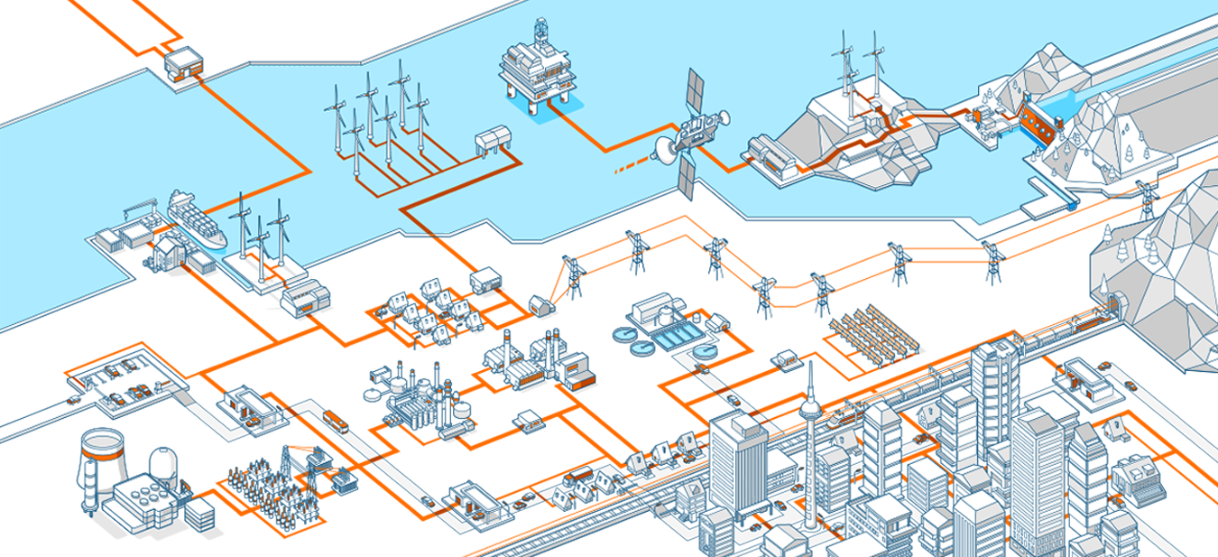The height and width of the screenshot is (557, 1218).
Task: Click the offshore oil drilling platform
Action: (x=535, y=68)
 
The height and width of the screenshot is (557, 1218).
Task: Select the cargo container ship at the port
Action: (x=196, y=218)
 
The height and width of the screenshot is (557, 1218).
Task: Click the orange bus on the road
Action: (x=335, y=421)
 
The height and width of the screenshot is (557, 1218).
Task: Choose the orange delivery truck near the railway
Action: (x=577, y=475)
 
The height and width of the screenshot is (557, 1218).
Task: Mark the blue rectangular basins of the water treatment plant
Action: (x=672, y=338)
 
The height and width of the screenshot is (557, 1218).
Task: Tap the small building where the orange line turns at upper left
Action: (x=181, y=62)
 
